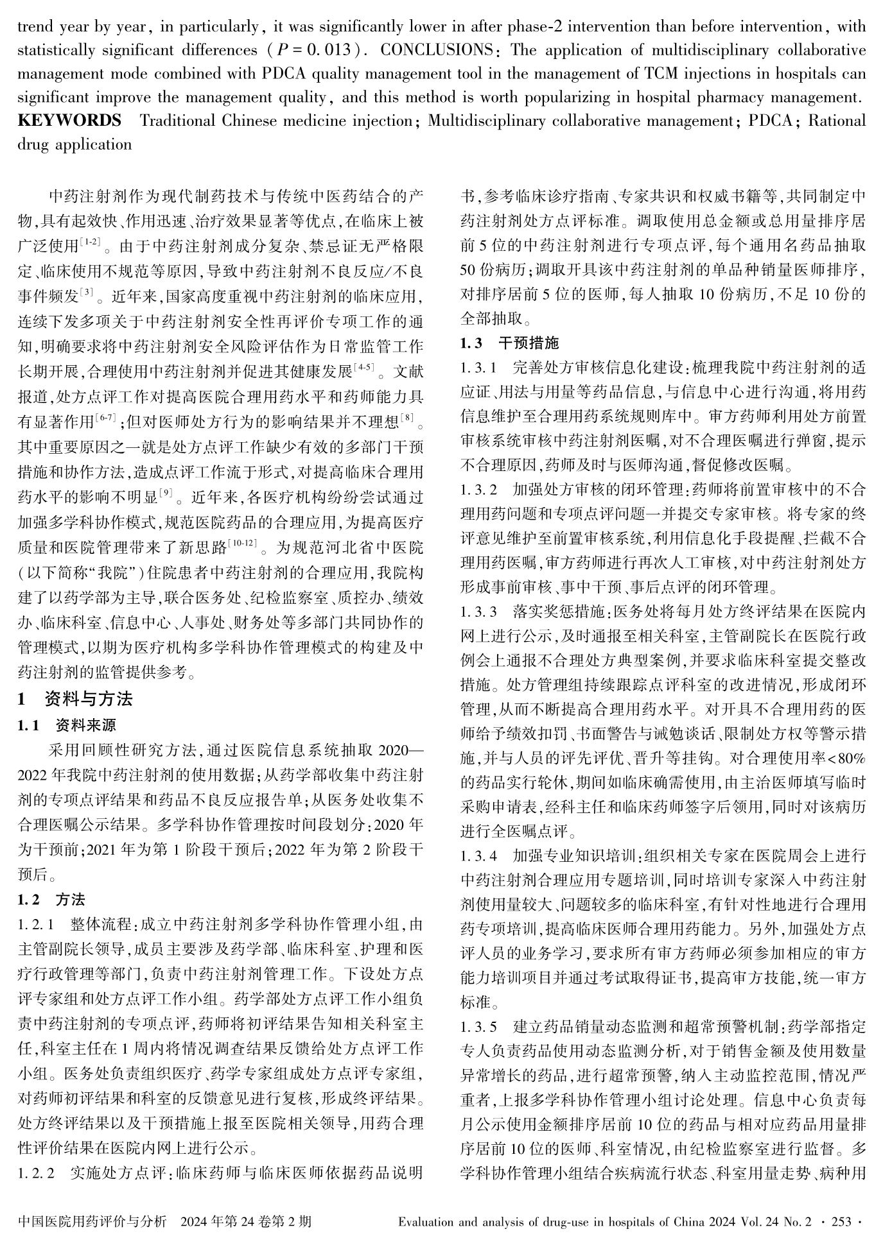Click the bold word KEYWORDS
(69, 121)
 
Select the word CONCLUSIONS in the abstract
(438, 50)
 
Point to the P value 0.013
(329, 50)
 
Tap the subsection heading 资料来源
(86, 726)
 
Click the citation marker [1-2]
(91, 241)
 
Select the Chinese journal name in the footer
(92, 1221)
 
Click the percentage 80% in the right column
(852, 759)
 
